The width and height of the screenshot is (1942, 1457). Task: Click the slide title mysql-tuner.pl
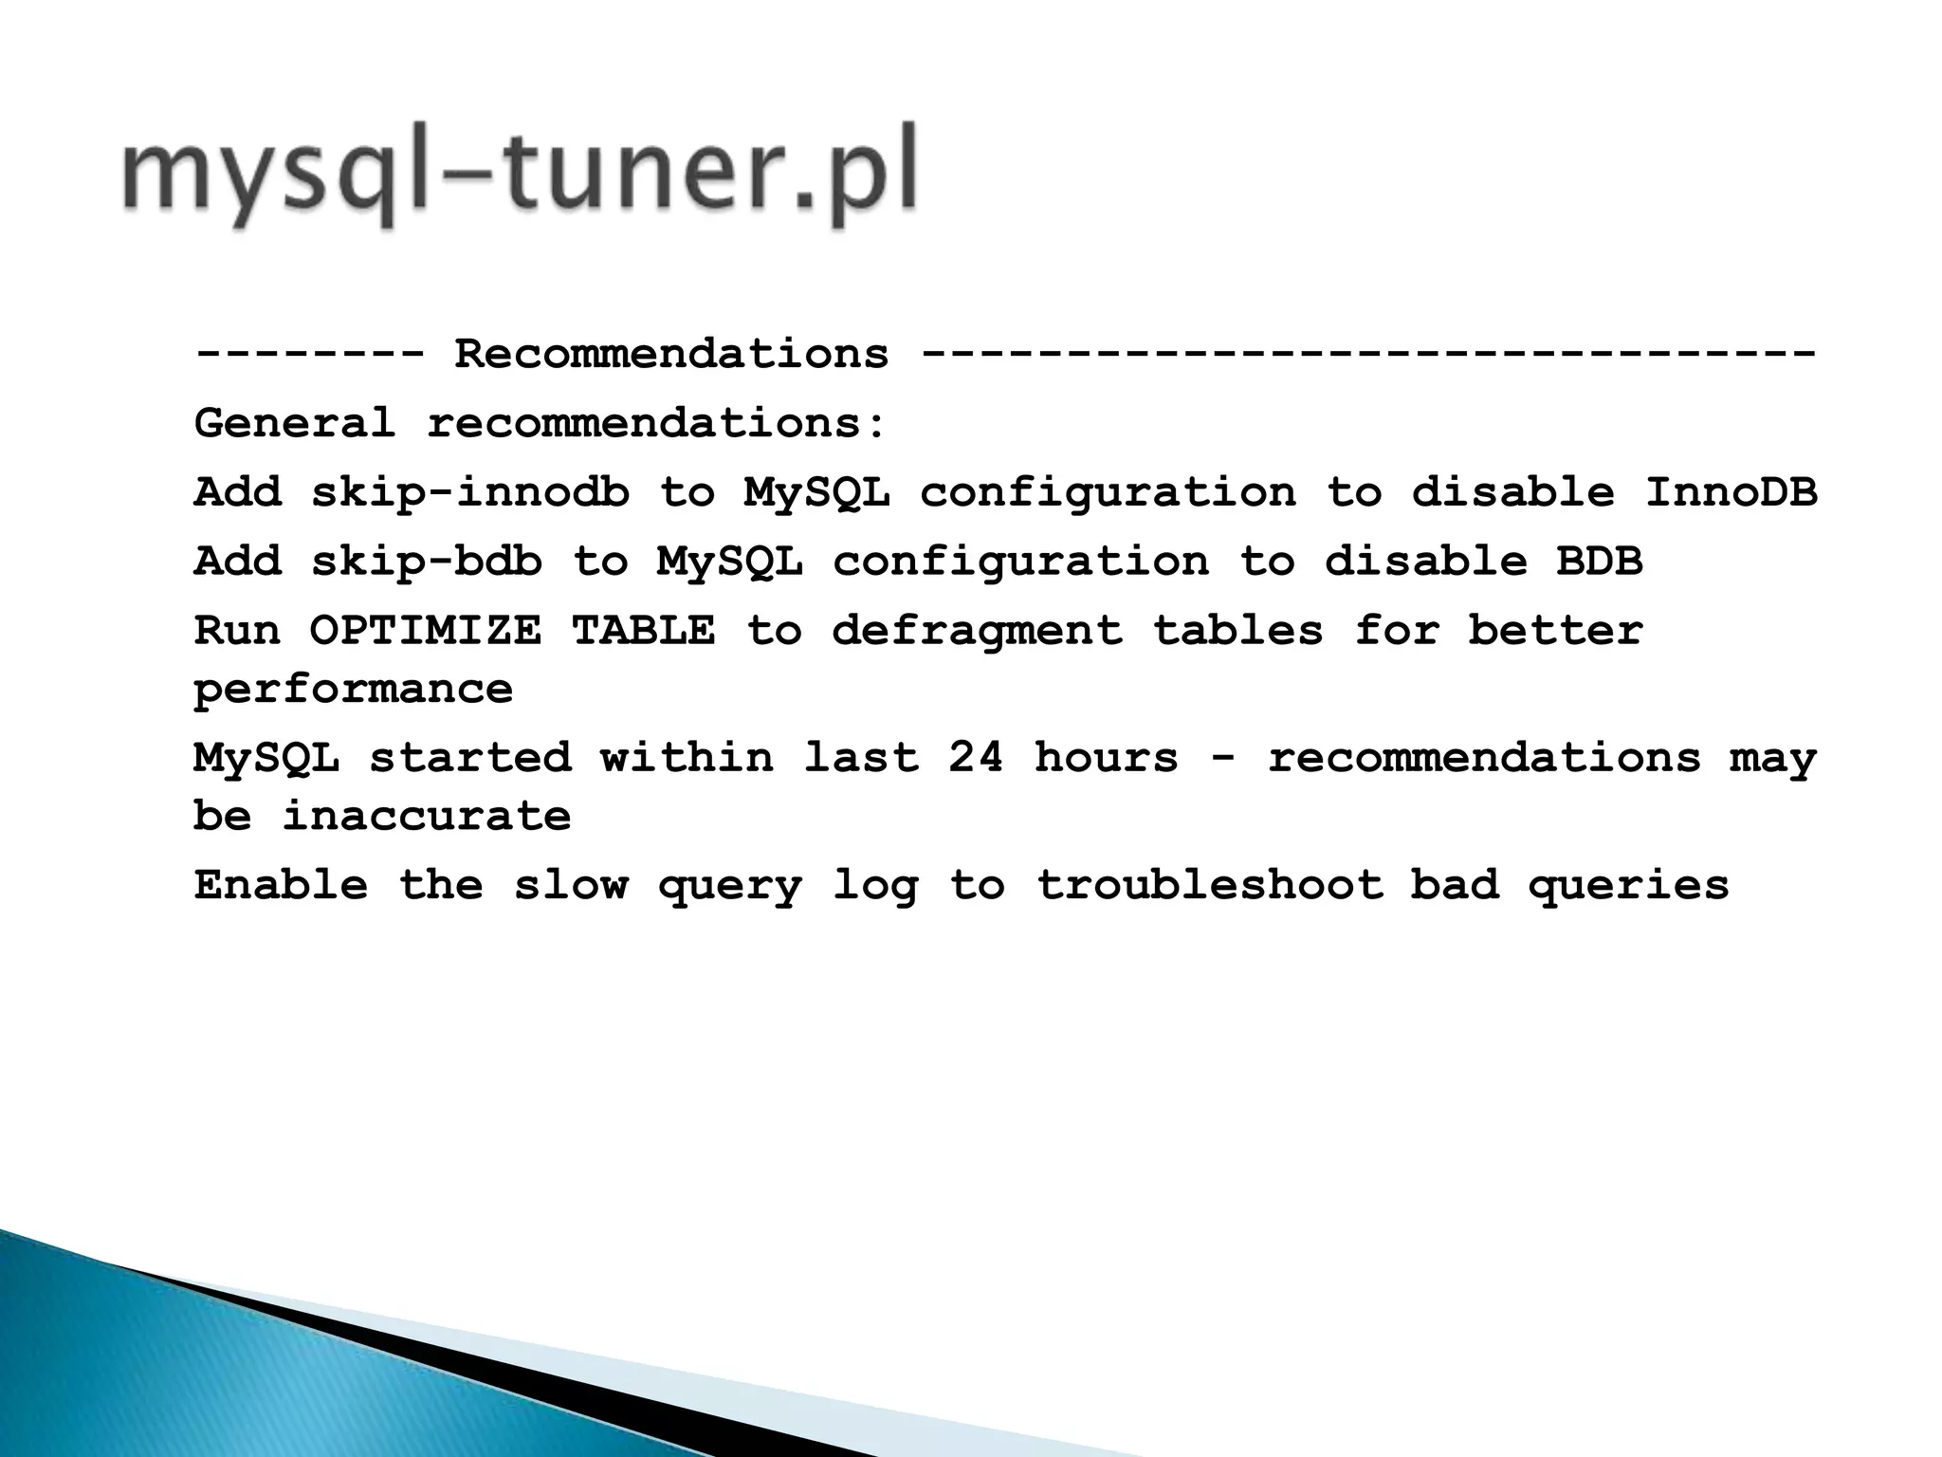520,175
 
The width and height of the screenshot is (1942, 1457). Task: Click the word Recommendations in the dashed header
671,355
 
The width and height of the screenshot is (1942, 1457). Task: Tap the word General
294,423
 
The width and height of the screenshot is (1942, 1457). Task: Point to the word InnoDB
1731,492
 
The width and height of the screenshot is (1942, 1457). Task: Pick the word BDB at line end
1599,562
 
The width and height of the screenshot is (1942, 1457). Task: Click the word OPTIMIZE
426,631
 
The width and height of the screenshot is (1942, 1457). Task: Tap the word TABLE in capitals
643,631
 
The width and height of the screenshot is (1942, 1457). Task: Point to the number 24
976,758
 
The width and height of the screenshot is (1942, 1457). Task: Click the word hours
1106,758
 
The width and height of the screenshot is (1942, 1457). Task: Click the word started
469,758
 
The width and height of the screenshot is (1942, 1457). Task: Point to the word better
1555,631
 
